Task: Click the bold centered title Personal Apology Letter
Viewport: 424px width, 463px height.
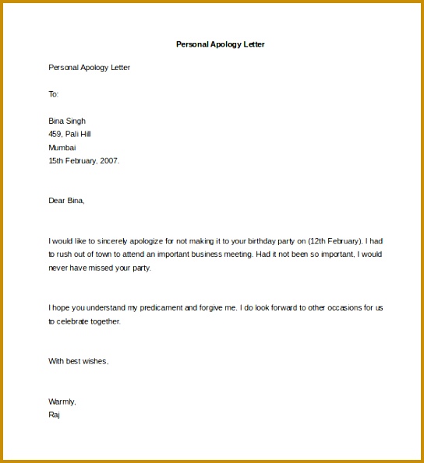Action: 221,44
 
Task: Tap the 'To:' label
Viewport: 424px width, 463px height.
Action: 54,94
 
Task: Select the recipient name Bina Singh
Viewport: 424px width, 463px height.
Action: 67,121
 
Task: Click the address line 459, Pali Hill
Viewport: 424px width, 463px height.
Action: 69,134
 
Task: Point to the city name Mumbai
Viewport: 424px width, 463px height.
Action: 62,147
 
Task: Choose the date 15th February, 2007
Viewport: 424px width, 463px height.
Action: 84,161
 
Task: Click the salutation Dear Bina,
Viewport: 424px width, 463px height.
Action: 66,201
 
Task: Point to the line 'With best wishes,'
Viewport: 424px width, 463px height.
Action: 78,361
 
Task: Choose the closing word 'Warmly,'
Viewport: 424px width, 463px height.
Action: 62,402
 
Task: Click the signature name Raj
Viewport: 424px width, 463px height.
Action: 54,415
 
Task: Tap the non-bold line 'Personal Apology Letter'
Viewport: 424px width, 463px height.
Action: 89,68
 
